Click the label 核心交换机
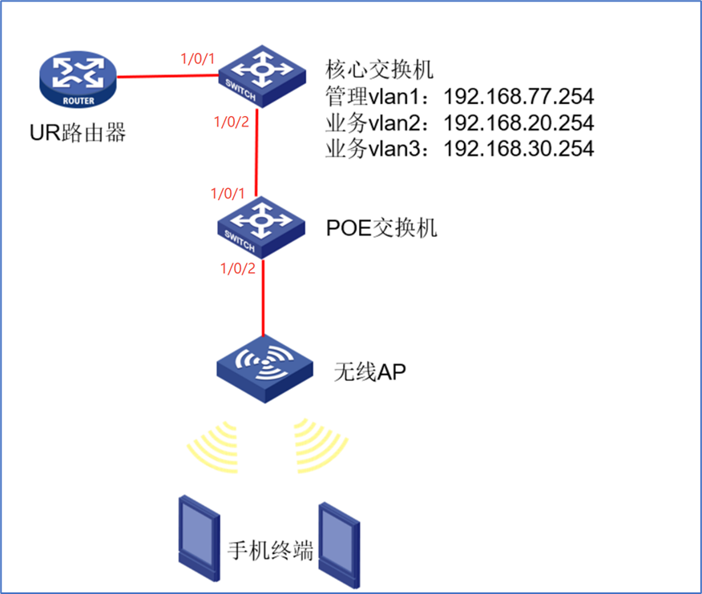380,69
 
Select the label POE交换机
381,227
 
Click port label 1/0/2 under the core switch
232,122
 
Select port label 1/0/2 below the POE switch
237,268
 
